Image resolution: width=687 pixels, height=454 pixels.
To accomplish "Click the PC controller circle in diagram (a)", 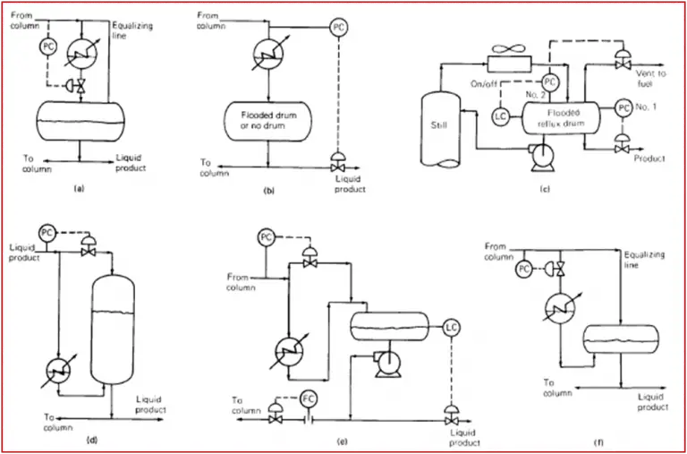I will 48,43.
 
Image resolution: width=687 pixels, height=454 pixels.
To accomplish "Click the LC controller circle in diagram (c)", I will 501,115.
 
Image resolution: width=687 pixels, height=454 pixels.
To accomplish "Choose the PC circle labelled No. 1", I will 623,108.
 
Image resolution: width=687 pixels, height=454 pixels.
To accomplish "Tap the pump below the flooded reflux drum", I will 540,159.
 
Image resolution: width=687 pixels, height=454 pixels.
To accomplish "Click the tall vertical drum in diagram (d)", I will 112,331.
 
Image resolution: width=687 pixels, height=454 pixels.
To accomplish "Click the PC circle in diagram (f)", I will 523,269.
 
